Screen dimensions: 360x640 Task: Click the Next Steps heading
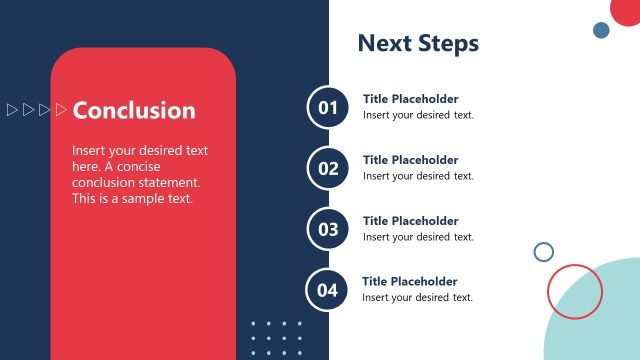click(x=418, y=43)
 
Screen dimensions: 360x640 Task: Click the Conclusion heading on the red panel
click(x=134, y=110)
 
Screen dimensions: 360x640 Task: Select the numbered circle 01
click(x=329, y=107)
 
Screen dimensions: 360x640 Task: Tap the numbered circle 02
click(x=329, y=168)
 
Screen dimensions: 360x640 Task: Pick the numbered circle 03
click(x=329, y=229)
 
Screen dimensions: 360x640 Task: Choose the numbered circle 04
click(x=328, y=290)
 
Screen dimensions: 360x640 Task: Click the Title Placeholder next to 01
click(x=410, y=99)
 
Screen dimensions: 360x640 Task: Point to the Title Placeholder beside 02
click(x=410, y=160)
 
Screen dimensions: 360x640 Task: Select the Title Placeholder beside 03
click(x=410, y=221)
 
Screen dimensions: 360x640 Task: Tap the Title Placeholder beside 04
click(x=409, y=282)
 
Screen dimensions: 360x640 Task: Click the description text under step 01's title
click(x=418, y=115)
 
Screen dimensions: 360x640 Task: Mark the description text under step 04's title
click(x=417, y=298)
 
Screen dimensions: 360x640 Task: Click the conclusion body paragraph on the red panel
click(x=140, y=174)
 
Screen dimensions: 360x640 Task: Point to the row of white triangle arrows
click(x=37, y=109)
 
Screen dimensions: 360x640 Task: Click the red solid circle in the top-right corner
click(x=627, y=10)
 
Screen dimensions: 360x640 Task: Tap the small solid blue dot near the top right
click(x=601, y=30)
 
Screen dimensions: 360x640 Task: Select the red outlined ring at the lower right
click(x=575, y=291)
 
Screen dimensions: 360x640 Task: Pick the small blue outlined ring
click(x=544, y=252)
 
